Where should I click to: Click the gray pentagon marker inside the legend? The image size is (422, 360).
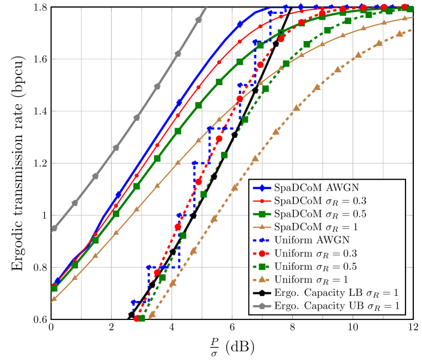(x=262, y=307)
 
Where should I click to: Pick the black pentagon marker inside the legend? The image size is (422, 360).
(x=262, y=293)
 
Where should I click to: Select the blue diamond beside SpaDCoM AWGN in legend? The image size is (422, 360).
(x=262, y=187)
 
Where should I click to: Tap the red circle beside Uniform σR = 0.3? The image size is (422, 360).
(x=262, y=253)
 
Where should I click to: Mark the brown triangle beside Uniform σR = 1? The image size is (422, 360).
(x=262, y=279)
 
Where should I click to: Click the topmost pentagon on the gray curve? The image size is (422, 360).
(x=198, y=19)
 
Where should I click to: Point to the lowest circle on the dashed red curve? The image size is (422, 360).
(x=137, y=318)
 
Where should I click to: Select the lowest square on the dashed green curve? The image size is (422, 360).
(x=142, y=318)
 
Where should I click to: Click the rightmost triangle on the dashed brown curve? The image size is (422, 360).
(x=399, y=34)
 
